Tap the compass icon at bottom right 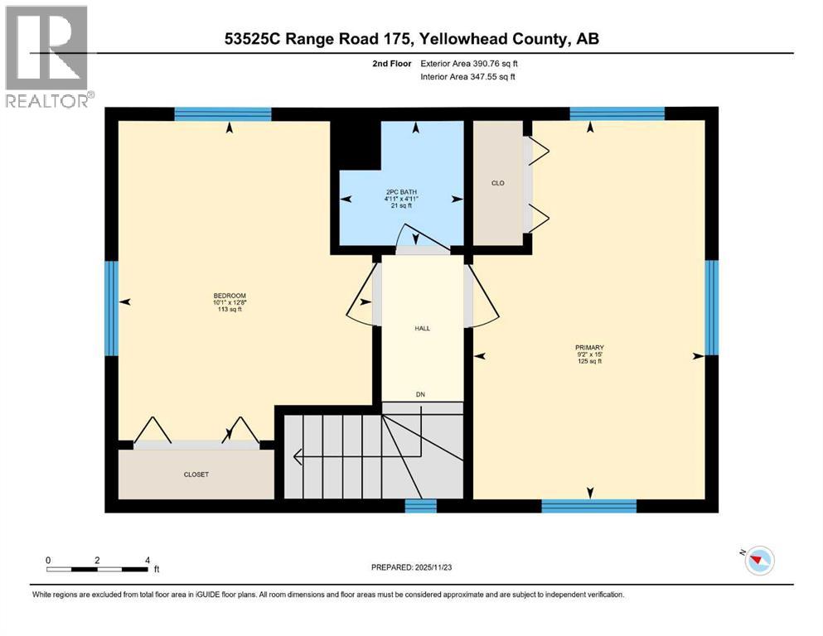(758, 561)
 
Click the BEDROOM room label (230, 296)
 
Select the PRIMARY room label (590, 348)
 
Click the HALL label (422, 329)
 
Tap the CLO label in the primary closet (497, 183)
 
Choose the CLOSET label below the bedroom (196, 475)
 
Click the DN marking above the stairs (422, 394)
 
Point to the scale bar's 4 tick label (147, 560)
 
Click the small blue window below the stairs (420, 505)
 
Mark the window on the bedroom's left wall (111, 307)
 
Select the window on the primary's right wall (710, 307)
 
